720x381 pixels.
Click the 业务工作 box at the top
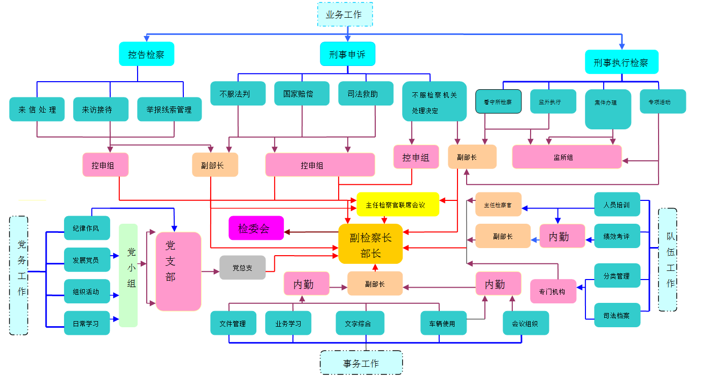[345, 14]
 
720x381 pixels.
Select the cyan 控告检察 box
[146, 54]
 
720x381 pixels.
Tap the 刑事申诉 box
[347, 54]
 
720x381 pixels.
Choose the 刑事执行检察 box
[621, 62]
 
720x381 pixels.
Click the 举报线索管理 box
[169, 109]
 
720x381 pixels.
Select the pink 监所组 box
[567, 157]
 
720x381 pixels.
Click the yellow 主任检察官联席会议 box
[398, 204]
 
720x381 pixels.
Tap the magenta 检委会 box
[256, 228]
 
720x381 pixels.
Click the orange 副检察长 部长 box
[370, 244]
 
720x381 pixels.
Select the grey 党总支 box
[242, 267]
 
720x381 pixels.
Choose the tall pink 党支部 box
[178, 271]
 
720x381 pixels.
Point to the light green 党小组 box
[128, 275]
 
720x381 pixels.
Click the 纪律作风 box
[87, 228]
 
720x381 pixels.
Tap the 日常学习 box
[87, 323]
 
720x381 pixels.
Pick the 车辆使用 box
[443, 323]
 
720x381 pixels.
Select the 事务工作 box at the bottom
[361, 363]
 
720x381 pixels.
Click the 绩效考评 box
[616, 236]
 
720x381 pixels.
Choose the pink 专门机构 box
[553, 291]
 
